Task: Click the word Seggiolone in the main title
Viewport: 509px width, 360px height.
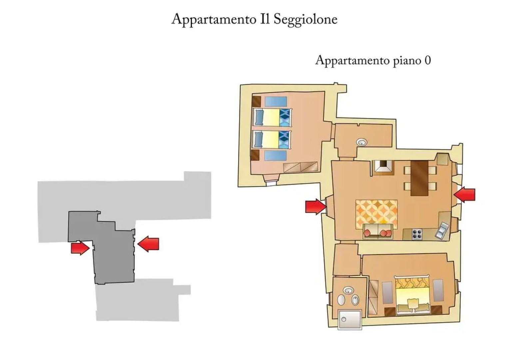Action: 305,20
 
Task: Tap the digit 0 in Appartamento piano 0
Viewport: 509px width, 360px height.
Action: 427,61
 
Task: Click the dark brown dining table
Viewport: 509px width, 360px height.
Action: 419,178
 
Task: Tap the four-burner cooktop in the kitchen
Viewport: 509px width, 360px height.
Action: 416,234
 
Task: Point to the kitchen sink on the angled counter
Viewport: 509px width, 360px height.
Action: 442,230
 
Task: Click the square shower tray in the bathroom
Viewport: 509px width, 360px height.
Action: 349,319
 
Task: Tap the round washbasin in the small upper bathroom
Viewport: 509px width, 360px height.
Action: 362,142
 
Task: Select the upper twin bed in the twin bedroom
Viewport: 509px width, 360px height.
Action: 272,117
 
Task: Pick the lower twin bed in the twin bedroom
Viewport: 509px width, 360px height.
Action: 272,139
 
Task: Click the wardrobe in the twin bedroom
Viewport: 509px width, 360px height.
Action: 300,167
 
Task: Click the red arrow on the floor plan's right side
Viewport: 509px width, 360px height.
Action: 465,194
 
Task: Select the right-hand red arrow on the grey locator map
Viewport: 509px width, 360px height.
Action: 149,244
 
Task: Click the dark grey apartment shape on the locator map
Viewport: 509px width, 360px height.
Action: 113,253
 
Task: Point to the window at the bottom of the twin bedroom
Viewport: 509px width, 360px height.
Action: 270,182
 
